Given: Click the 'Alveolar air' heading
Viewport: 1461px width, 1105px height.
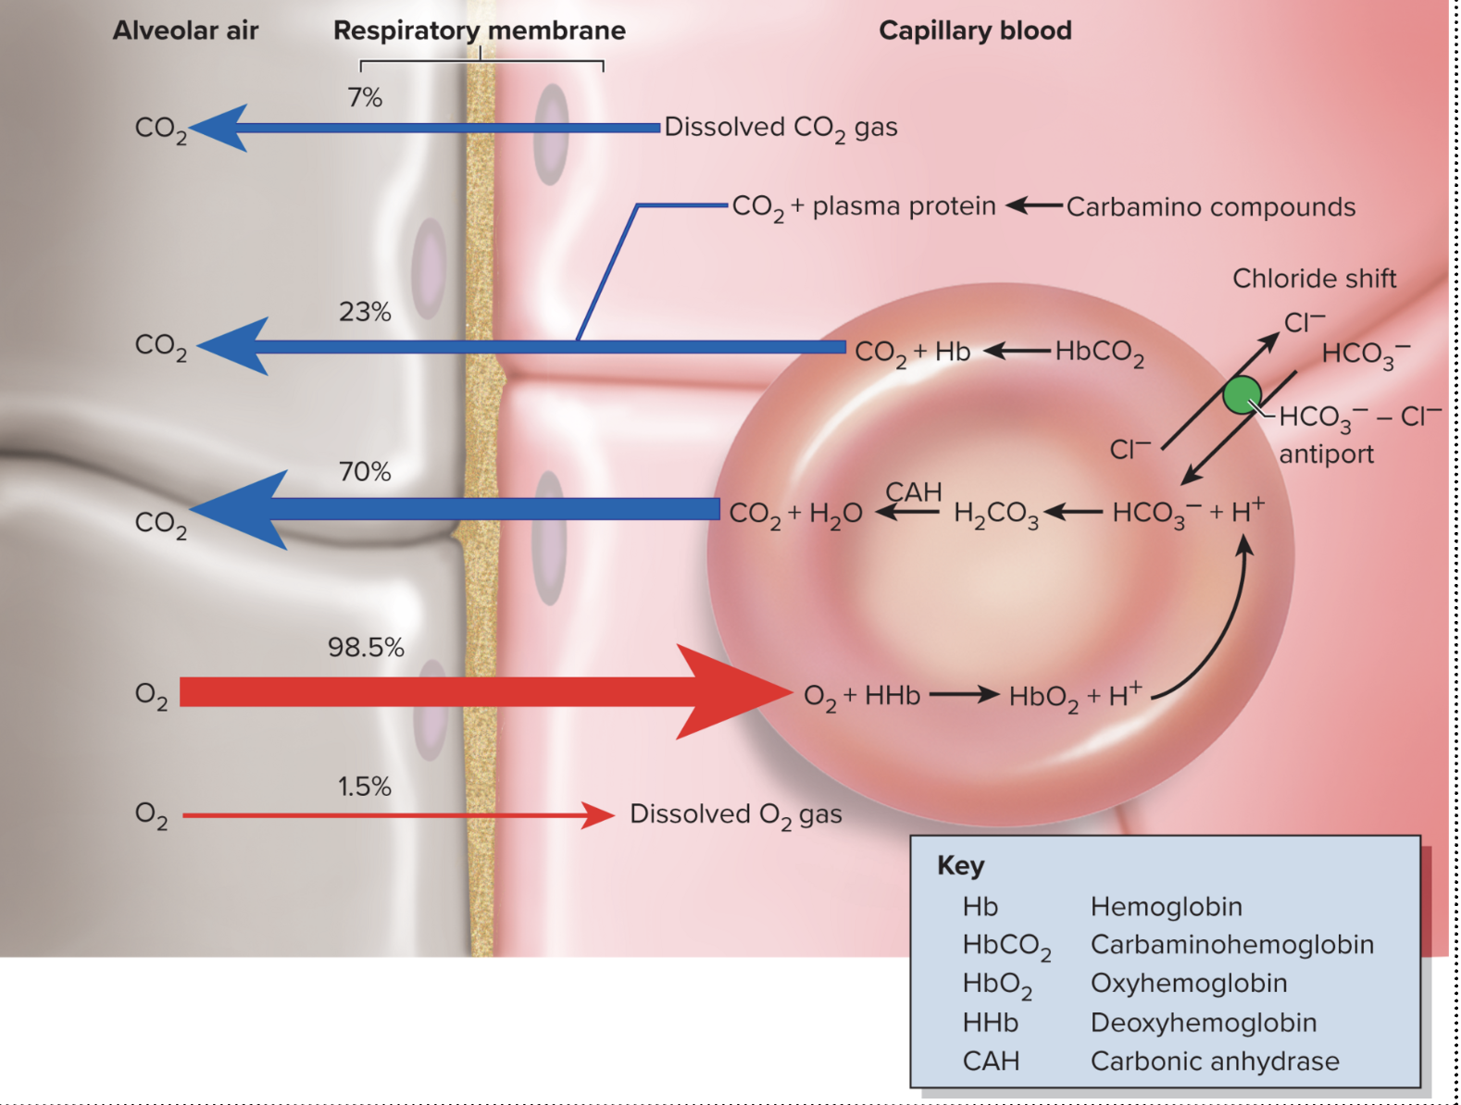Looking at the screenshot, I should tap(185, 31).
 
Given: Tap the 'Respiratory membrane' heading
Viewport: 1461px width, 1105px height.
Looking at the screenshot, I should tap(479, 31).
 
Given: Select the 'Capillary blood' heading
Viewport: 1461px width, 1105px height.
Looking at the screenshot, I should tap(975, 31).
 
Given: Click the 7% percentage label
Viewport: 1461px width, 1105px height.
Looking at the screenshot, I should tap(365, 97).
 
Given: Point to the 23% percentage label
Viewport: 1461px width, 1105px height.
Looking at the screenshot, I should tap(365, 312).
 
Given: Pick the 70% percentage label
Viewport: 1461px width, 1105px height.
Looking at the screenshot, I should tap(365, 472).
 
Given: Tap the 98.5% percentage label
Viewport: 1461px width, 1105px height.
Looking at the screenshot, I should tap(366, 647).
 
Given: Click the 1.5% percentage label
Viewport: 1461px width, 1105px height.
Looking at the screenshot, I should tap(364, 787).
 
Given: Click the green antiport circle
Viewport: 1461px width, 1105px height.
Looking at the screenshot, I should tap(1242, 395).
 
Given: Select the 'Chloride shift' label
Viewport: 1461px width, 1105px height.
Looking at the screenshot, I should tap(1314, 279).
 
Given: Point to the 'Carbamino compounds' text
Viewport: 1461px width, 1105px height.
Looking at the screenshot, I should tap(1210, 207).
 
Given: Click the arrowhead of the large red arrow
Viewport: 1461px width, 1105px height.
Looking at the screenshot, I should tap(736, 692).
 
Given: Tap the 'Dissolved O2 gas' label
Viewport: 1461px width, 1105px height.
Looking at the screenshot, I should tap(735, 814).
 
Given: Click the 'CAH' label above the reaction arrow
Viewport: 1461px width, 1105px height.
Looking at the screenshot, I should tap(913, 491).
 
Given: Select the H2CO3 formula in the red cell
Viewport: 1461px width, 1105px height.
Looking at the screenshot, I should tap(995, 514).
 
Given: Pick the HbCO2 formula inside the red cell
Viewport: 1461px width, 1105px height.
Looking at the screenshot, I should tap(1099, 353).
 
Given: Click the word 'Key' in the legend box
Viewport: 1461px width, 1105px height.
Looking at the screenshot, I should tap(960, 865).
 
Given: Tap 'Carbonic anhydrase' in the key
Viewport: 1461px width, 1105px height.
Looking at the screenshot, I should tap(1214, 1061).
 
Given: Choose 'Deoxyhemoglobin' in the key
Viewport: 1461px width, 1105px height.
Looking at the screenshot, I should tap(1203, 1022).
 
